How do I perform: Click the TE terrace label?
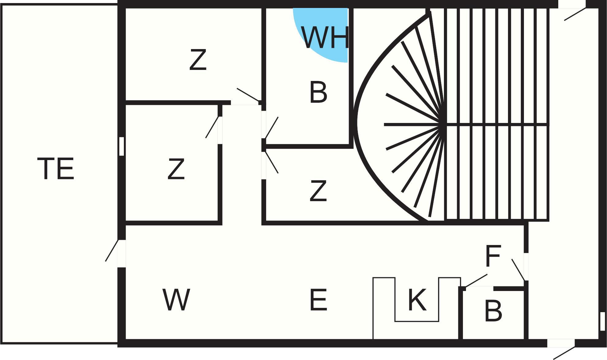tap(56, 168)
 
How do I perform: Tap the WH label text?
tap(325, 38)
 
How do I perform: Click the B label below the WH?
tap(318, 92)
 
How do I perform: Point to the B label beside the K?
tap(493, 311)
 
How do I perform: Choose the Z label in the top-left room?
tap(198, 60)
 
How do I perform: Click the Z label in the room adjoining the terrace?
tap(176, 169)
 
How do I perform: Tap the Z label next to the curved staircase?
tap(318, 191)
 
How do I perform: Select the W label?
tap(176, 300)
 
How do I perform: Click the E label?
tap(318, 300)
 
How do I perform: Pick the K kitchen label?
tap(417, 300)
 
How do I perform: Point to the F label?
tap(493, 256)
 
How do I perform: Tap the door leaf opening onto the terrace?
tap(112, 251)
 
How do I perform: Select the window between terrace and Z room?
tap(121, 146)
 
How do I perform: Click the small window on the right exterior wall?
tap(602, 321)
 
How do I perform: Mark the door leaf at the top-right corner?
tap(575, 14)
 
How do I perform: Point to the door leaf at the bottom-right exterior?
tap(564, 353)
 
